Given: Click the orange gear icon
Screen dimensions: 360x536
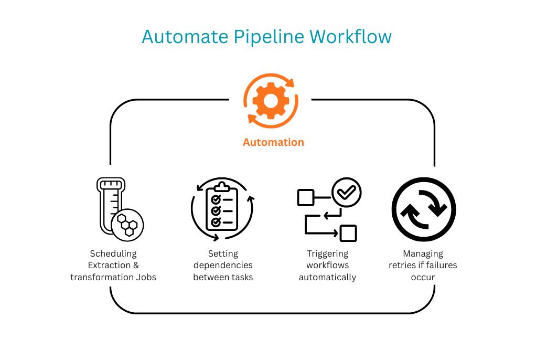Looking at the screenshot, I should [271, 101].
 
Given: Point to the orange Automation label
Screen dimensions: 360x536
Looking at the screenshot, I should [273, 142].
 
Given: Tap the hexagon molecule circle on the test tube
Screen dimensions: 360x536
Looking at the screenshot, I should [127, 224].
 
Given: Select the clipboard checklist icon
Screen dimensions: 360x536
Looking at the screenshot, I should [222, 208].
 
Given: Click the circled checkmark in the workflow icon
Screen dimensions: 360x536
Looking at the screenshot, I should [347, 193].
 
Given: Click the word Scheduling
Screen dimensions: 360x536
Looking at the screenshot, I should [113, 253].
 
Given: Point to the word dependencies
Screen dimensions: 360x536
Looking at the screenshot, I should [223, 265].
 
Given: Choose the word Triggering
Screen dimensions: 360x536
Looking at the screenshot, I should [328, 253].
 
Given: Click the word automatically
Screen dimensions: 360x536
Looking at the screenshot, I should [328, 277].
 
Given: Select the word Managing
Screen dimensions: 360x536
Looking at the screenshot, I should [423, 253].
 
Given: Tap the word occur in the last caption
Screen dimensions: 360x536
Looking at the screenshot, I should [423, 277].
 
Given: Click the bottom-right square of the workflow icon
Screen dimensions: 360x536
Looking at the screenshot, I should [348, 233].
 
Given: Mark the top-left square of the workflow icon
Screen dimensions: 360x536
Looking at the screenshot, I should [305, 198].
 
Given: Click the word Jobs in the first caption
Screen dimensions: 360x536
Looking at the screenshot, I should [145, 277].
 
